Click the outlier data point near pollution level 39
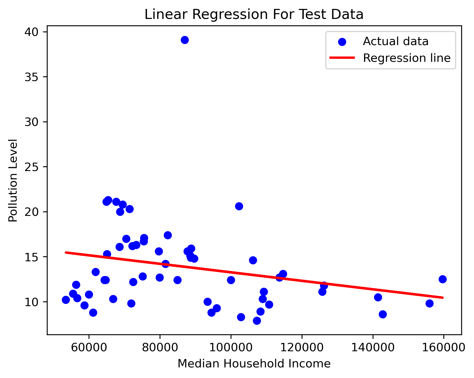(185, 40)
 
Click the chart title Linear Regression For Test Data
(254, 14)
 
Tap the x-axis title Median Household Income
(254, 364)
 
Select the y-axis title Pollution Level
(13, 180)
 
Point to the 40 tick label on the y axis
(31, 32)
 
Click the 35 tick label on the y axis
(31, 77)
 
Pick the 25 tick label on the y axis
(31, 167)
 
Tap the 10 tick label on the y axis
(31, 302)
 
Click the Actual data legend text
(395, 41)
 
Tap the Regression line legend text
(407, 58)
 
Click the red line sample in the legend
(342, 58)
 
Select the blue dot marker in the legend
(342, 42)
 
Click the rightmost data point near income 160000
(443, 279)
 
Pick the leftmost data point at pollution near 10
(66, 300)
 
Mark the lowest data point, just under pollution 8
(257, 321)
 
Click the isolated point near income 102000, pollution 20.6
(239, 206)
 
